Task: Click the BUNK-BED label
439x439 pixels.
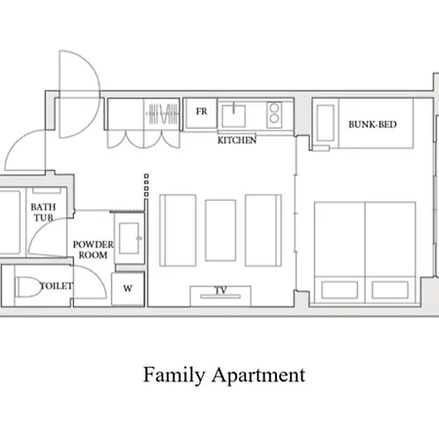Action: [x=373, y=124]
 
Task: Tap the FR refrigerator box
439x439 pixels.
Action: [x=201, y=113]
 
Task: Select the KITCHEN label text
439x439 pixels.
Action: [x=237, y=140]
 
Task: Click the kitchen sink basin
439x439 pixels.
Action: [x=233, y=116]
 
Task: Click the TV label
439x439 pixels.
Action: [x=220, y=290]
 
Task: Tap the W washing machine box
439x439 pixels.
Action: [x=128, y=289]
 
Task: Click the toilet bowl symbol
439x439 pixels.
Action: [x=28, y=287]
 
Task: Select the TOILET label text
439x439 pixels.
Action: [x=57, y=286]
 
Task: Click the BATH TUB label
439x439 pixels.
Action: [x=43, y=212]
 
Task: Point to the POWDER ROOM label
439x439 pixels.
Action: [x=94, y=250]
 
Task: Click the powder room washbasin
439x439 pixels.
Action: [x=129, y=238]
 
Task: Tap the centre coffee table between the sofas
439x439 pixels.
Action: [x=220, y=230]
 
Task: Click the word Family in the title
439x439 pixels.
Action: [x=174, y=375]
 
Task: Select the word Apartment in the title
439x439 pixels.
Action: [x=259, y=375]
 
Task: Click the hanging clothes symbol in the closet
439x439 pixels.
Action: [x=163, y=113]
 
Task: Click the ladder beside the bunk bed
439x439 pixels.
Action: [x=326, y=123]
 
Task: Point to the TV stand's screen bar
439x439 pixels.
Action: [x=220, y=297]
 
